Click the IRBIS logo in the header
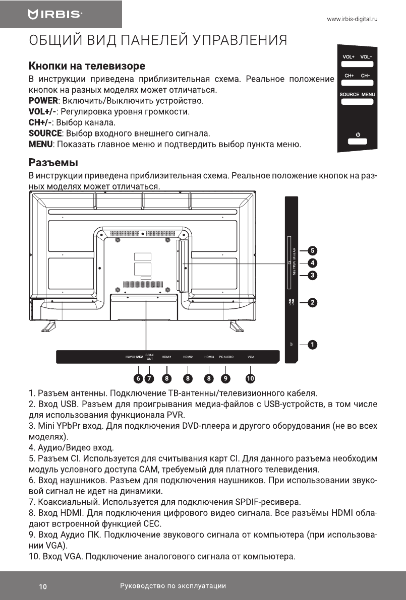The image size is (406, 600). tap(55, 15)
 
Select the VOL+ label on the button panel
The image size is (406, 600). tap(349, 57)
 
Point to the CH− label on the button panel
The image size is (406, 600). tap(365, 76)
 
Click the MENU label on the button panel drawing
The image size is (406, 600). tap(368, 94)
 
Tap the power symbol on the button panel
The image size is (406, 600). tap(358, 134)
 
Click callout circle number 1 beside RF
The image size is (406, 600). tap(313, 345)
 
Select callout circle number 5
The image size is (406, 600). tap(313, 250)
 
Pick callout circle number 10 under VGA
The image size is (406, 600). tap(250, 378)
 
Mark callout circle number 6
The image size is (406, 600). tap(138, 378)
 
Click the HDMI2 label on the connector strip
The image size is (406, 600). tap(188, 357)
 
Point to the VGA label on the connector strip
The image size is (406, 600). tap(251, 357)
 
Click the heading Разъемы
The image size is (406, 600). tap(53, 163)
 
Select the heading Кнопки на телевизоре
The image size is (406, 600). tap(87, 66)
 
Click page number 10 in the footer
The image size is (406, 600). tap(43, 586)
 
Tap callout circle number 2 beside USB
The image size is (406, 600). tap(313, 303)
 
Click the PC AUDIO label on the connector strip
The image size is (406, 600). tap(226, 357)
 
